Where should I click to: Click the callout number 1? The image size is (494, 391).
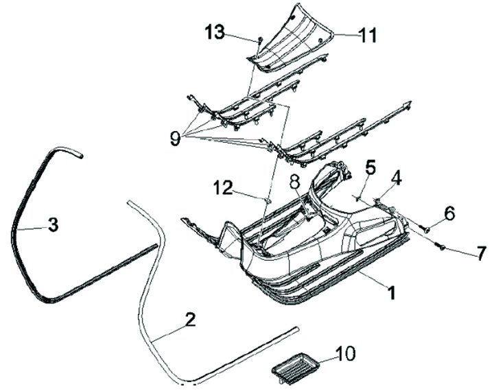[391, 293]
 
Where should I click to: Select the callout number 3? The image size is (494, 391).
[52, 224]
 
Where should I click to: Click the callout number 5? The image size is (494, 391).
[370, 166]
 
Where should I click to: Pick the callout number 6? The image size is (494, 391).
[449, 214]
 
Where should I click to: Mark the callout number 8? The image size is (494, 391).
[294, 182]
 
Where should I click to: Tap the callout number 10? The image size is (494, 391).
[345, 354]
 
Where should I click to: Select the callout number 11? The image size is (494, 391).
[368, 35]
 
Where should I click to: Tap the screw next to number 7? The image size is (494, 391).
[440, 245]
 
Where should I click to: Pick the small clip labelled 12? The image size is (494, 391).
[268, 200]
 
